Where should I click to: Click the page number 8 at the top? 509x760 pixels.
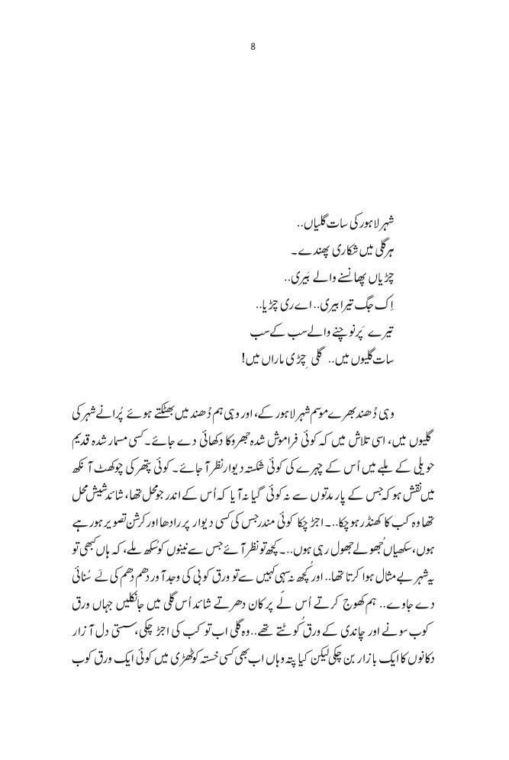pos(253,46)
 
